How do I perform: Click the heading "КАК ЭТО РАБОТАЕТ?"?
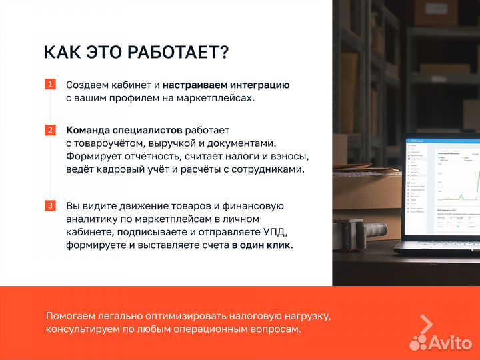point(136,52)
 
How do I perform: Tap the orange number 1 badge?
point(50,85)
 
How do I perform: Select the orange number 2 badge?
point(50,130)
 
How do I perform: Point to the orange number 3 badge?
point(50,206)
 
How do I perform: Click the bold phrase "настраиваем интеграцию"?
point(225,85)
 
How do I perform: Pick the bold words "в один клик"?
point(262,245)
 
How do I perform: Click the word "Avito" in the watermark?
point(449,342)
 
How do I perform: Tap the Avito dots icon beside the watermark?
point(418,342)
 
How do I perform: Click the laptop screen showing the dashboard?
point(442,187)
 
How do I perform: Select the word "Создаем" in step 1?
point(89,85)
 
